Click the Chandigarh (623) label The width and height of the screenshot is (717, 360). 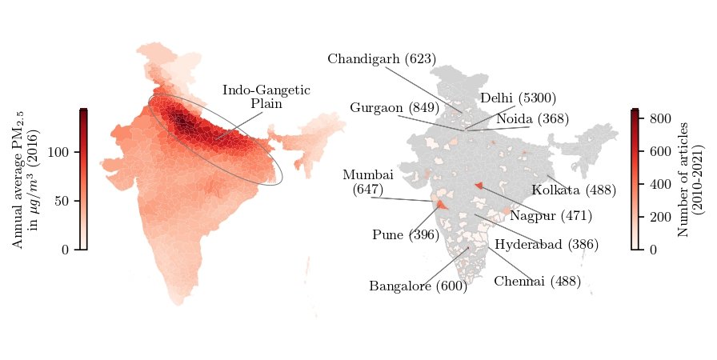[x=382, y=59]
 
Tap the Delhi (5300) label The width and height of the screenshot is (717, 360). [x=518, y=98]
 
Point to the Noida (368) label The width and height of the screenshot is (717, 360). [x=532, y=119]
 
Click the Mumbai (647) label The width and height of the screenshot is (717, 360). [x=367, y=182]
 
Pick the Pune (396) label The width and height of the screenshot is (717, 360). [x=406, y=235]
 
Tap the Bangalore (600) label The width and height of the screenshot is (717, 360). [x=418, y=286]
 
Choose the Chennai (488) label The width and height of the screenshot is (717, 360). [x=537, y=281]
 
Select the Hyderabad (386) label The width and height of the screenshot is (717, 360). [x=547, y=245]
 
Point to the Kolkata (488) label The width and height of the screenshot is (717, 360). [x=573, y=190]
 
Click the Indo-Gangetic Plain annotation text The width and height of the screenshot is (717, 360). [x=266, y=97]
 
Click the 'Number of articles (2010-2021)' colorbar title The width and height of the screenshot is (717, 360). [x=690, y=180]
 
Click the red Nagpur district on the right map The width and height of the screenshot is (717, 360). [x=479, y=186]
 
